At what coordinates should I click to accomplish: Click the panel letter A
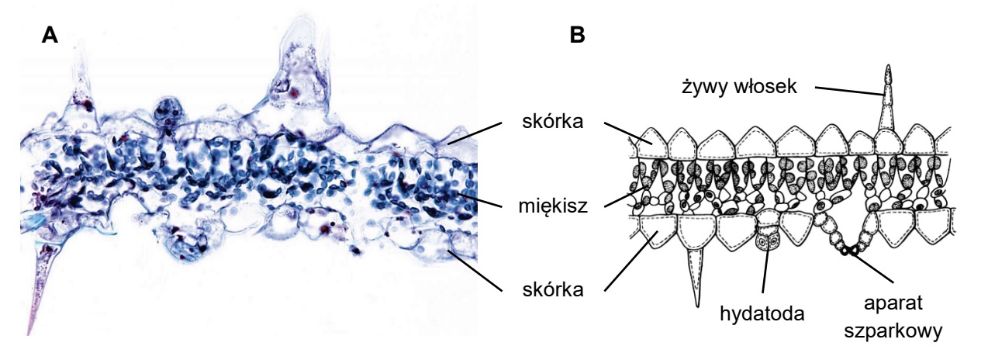[50, 35]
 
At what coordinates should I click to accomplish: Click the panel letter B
[577, 35]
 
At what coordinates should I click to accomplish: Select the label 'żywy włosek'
[739, 86]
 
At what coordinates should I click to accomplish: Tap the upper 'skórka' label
[553, 121]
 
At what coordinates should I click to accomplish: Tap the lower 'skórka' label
[553, 290]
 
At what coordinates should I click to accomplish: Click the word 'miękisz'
[553, 206]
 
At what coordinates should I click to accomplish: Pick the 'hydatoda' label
[762, 313]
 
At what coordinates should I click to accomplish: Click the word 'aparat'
[893, 303]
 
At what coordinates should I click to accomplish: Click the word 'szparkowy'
[893, 331]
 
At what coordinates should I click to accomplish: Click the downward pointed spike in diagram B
[696, 275]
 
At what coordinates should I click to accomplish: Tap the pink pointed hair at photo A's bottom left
[43, 282]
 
